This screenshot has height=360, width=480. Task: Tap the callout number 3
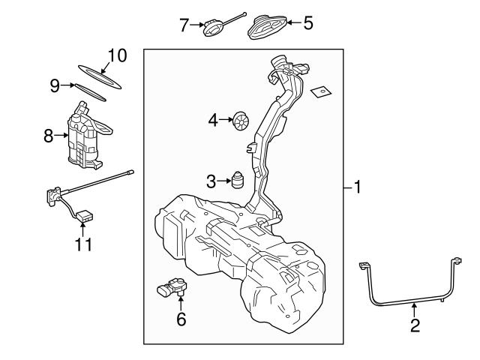click(x=211, y=181)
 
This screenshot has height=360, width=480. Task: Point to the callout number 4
click(x=213, y=120)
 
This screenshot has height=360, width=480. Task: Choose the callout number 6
click(x=180, y=319)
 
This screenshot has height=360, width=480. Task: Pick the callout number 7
click(x=184, y=25)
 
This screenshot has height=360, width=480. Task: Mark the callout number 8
click(x=49, y=136)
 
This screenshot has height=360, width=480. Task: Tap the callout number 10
click(x=117, y=55)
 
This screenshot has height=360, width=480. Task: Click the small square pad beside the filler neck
click(x=320, y=90)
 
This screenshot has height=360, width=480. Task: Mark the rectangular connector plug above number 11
click(x=85, y=217)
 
